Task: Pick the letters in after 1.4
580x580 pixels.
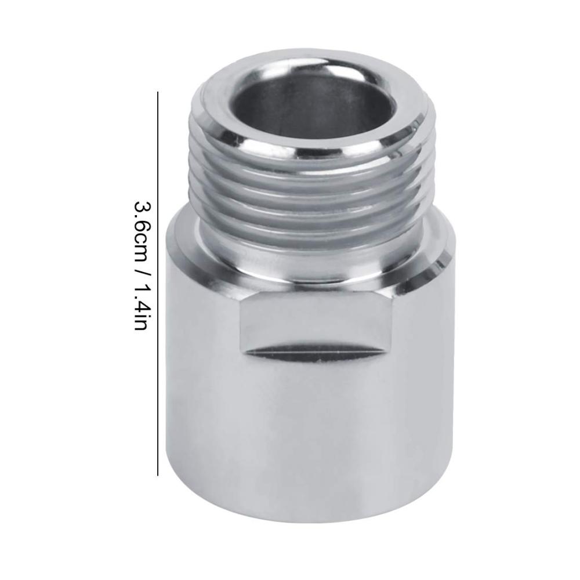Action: pyautogui.click(x=141, y=324)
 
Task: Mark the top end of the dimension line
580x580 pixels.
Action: pyautogui.click(x=158, y=92)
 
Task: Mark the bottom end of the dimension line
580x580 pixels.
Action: pyautogui.click(x=158, y=475)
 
